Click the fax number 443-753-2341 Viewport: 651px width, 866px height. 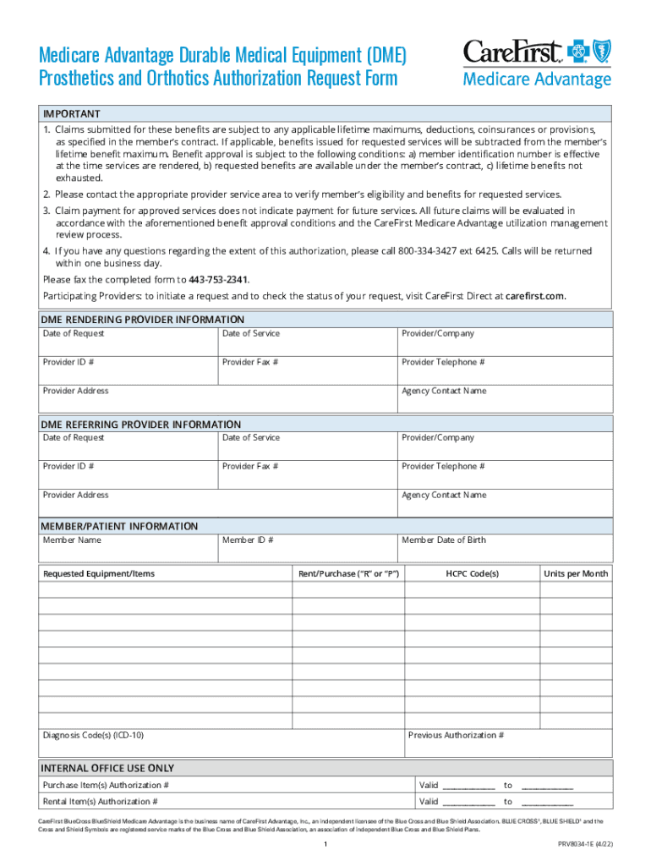click(x=224, y=280)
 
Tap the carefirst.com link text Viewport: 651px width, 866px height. click(x=534, y=296)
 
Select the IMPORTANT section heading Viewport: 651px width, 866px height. click(x=72, y=114)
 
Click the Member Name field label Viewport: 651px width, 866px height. click(x=72, y=540)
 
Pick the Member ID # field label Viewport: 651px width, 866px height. click(x=247, y=540)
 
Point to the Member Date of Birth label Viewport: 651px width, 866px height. click(x=443, y=540)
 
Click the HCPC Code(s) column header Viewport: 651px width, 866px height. click(x=472, y=573)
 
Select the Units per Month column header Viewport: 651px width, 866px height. click(x=575, y=573)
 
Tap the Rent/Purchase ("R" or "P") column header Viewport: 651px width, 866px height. click(x=348, y=573)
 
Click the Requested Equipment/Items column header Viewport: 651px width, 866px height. click(x=99, y=573)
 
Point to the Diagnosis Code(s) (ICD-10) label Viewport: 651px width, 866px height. click(x=93, y=736)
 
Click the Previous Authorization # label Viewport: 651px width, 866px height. click(x=456, y=736)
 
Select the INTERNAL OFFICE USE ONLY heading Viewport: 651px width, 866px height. click(x=108, y=769)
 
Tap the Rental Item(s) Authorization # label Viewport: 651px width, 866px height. click(x=100, y=802)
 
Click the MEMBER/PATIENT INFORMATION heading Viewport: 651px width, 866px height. click(x=120, y=526)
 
